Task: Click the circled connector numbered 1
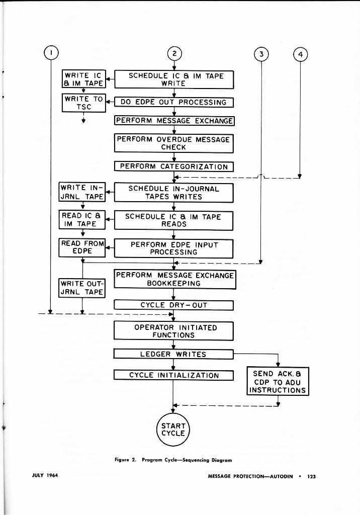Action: [x=51, y=52]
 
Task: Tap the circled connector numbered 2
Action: [x=174, y=54]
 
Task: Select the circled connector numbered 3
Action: [x=261, y=54]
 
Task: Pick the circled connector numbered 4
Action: [x=300, y=54]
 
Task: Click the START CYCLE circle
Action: [x=173, y=429]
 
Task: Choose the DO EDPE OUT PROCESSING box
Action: [x=174, y=102]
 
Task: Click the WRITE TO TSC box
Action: [x=83, y=103]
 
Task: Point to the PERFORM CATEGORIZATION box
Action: [x=174, y=166]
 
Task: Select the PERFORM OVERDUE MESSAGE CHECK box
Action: [x=174, y=143]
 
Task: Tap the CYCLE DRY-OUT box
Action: [x=174, y=305]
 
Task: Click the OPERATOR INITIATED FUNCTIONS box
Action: [x=174, y=331]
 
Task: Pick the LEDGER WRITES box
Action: [x=174, y=354]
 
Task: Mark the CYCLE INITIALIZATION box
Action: [x=174, y=375]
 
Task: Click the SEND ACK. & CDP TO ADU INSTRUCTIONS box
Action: [x=278, y=382]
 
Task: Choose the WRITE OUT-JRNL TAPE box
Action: [x=82, y=288]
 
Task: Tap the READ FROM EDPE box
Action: [x=82, y=247]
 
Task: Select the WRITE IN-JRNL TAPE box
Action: [x=82, y=192]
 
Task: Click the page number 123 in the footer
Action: [x=311, y=476]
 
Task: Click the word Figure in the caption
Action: [x=123, y=460]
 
